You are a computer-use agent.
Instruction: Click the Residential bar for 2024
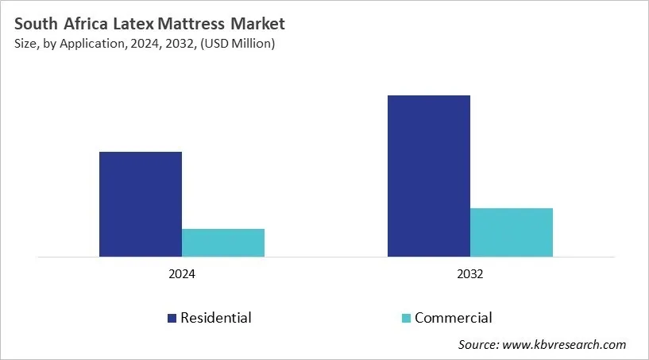coord(141,204)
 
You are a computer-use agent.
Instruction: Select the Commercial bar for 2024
coord(223,242)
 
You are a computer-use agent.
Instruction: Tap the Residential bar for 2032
coord(429,176)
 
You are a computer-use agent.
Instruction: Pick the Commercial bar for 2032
coord(512,232)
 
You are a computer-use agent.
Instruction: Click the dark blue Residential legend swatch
coord(172,319)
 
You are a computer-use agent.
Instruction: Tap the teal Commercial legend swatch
coord(406,319)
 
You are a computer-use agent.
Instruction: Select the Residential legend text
coord(216,318)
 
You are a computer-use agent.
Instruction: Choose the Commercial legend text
coord(453,318)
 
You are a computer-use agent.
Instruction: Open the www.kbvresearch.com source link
coord(565,344)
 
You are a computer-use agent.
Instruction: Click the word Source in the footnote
coord(478,344)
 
